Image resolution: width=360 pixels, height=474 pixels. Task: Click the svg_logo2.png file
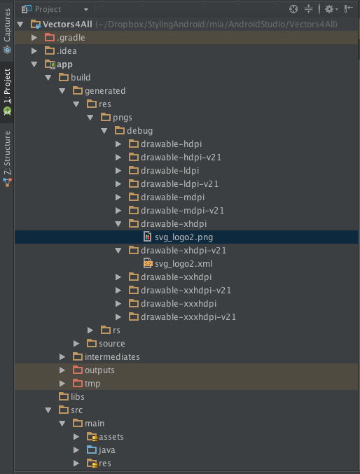184,237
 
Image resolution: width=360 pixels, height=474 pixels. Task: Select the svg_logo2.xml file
184,263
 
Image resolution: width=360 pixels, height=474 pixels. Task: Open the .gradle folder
71,38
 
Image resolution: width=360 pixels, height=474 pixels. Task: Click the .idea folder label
67,51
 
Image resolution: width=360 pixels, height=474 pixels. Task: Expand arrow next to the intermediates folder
62,356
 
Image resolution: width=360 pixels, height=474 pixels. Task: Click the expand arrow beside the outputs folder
62,370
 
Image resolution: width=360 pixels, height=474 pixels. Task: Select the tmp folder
92,383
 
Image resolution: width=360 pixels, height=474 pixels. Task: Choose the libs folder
78,396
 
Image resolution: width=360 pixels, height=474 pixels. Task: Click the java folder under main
106,449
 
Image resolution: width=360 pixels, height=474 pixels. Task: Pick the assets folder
111,436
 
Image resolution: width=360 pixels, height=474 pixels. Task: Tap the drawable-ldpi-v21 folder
179,184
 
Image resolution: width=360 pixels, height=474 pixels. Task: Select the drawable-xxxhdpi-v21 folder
188,316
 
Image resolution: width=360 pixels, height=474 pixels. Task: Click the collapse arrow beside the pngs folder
90,118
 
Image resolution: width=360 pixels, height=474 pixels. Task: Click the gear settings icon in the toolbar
329,9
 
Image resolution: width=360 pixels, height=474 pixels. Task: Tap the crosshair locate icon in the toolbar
293,9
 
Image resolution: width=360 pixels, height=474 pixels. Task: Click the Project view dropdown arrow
86,9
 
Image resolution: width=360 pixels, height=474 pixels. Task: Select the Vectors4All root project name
67,25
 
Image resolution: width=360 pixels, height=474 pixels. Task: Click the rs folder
116,330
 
